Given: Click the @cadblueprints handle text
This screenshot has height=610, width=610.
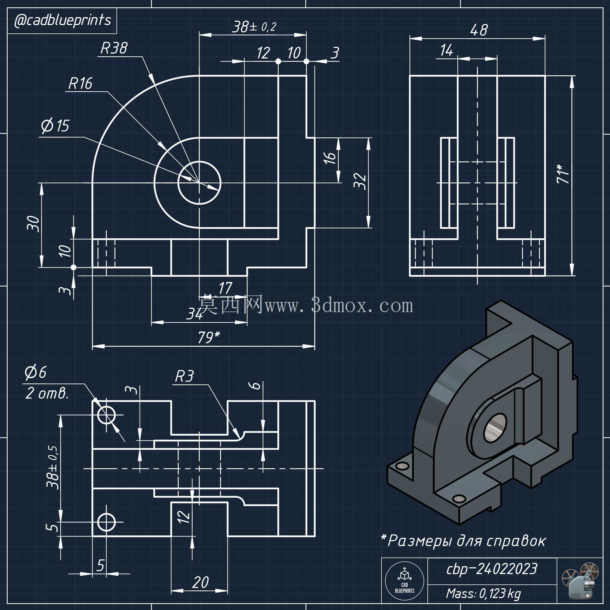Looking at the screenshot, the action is pos(63,20).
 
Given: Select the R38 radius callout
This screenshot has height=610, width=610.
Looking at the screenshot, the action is pos(114,48).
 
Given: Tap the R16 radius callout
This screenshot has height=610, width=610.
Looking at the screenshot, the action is pos(81,84).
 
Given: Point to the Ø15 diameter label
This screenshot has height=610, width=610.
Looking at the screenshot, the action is pos(55,126).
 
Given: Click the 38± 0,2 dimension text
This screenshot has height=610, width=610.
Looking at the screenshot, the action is pos(254,27).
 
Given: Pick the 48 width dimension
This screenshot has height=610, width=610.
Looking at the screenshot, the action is pos(479,30).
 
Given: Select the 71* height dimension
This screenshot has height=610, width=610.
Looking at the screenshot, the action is pos(563,173).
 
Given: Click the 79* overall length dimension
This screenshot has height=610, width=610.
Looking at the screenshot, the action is pos(209,337).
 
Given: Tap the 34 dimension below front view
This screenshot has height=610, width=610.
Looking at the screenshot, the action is pos(195,314).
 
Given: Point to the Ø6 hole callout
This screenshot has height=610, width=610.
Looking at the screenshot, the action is pos(36,372).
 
